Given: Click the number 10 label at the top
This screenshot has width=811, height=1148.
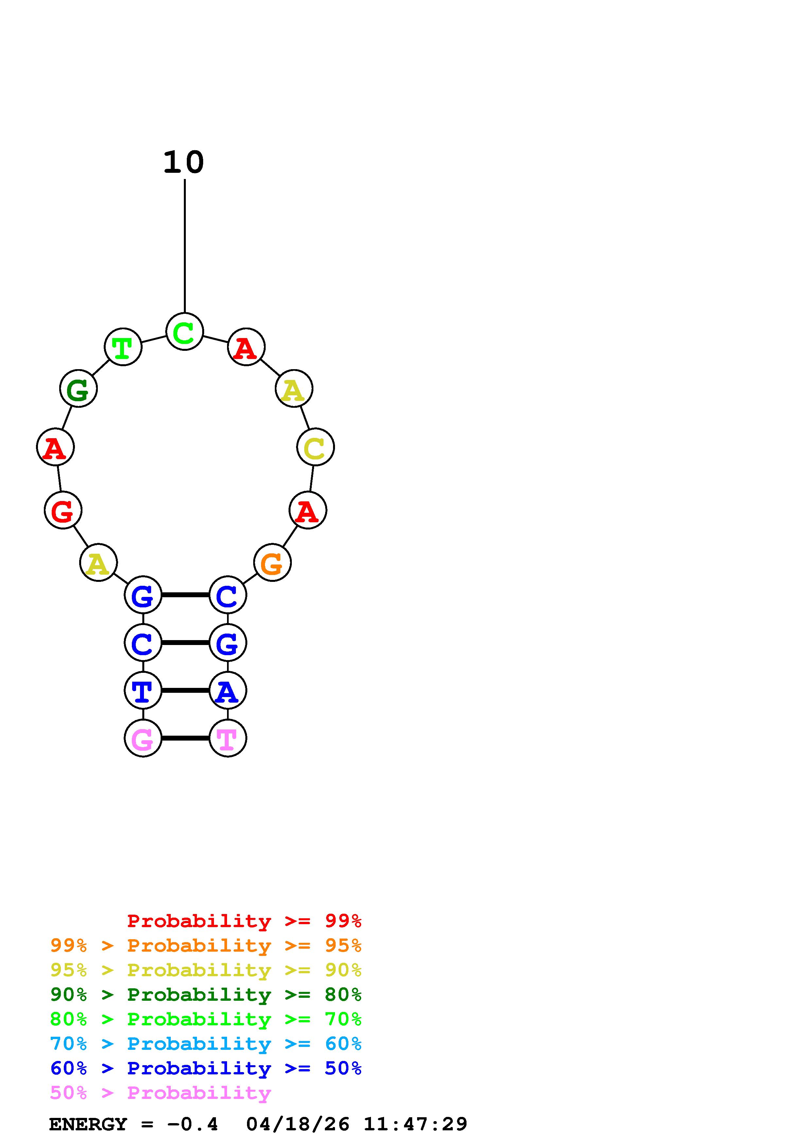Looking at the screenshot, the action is click(x=184, y=163).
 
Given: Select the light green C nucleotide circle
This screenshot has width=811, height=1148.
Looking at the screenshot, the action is click(x=185, y=332).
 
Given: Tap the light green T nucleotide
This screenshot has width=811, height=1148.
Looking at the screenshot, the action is click(x=123, y=347).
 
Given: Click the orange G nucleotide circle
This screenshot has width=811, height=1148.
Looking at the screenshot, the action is click(x=272, y=563).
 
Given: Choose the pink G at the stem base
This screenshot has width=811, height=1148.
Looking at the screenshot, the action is click(x=143, y=738).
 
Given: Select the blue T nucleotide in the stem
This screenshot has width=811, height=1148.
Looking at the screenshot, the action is click(x=143, y=691).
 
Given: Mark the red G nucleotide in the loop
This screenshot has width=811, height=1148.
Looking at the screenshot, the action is click(x=63, y=510).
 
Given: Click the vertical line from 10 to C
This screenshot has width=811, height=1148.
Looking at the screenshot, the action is click(x=185, y=245).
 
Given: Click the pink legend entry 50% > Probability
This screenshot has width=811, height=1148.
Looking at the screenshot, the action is click(x=160, y=1093).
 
